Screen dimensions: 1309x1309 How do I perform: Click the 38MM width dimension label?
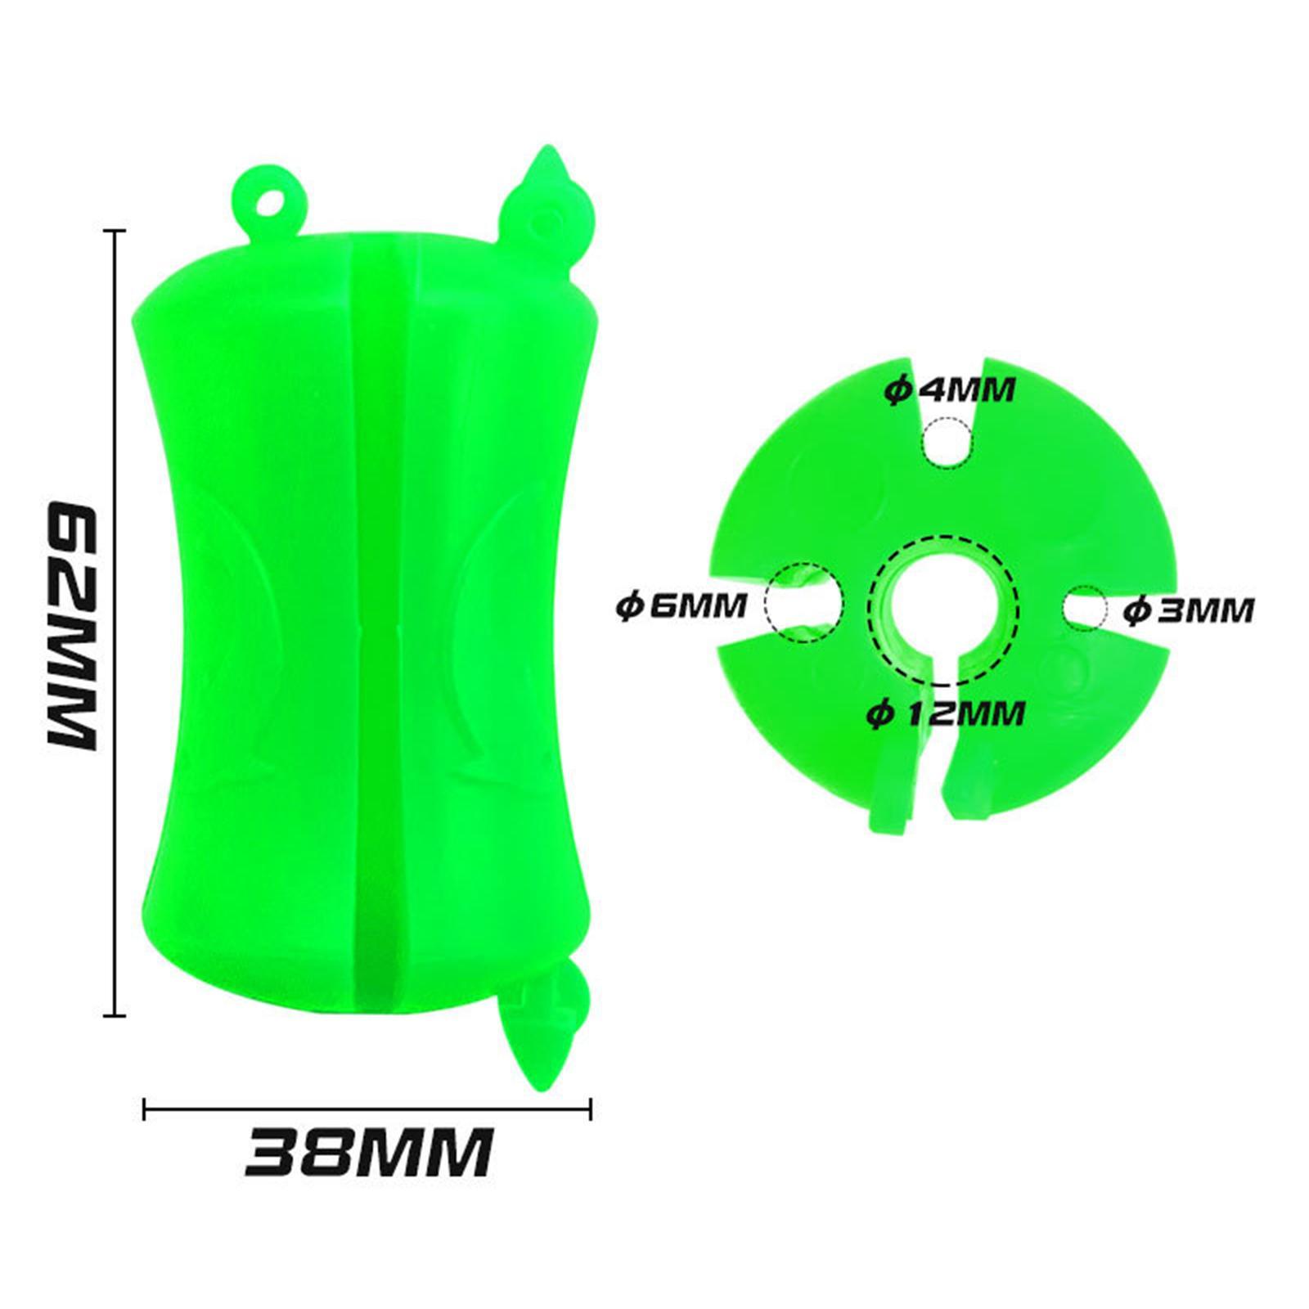click(370, 1152)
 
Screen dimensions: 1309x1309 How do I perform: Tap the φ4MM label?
click(950, 390)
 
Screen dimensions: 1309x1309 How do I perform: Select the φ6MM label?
click(681, 606)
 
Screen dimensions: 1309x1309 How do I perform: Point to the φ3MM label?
click(1188, 610)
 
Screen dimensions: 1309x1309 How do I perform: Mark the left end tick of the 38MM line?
click(145, 1109)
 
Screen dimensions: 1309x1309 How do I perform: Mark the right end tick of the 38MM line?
click(590, 1109)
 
